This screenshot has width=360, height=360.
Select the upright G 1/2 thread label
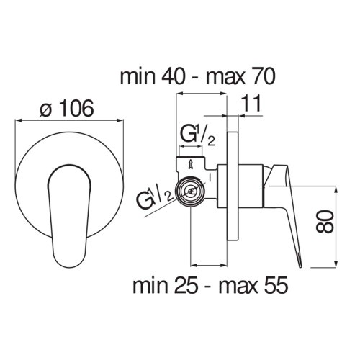194,135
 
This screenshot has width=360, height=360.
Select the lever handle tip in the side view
296,256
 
